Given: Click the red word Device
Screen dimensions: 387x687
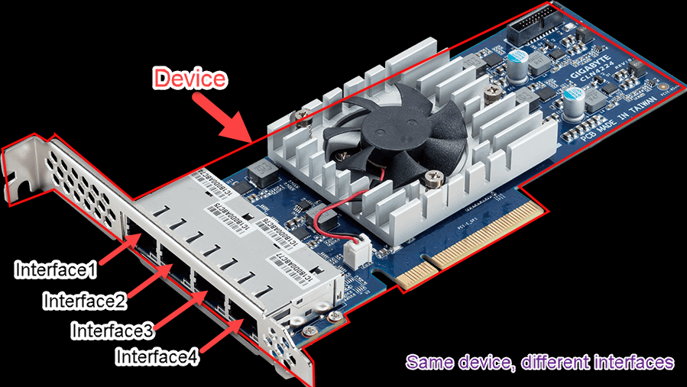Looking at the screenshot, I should pos(190,78).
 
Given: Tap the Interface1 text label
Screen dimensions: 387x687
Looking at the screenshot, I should pos(56,269).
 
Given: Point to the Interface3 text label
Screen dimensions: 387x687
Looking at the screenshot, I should pos(112,331).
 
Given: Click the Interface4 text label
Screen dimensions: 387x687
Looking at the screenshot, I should pos(157,356).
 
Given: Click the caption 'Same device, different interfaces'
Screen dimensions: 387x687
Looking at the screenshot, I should pos(540,362).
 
